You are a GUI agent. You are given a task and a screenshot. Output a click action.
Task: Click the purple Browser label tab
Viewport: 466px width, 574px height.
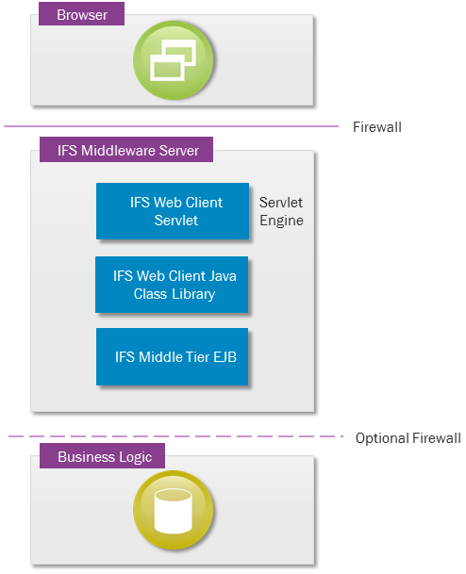[81, 13]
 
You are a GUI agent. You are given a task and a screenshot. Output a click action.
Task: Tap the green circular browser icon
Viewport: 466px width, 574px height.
[173, 60]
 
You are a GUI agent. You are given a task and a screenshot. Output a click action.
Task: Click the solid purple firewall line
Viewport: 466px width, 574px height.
[171, 126]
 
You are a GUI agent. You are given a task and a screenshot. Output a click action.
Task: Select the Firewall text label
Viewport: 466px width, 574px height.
[377, 127]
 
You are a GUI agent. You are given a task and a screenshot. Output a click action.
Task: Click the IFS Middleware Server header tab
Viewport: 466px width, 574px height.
[126, 149]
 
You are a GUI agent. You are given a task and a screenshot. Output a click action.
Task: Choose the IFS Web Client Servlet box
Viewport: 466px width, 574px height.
[173, 211]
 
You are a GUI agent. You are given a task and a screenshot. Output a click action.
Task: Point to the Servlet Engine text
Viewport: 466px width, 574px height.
[281, 211]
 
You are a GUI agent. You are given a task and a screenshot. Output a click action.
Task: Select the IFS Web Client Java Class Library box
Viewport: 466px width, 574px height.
[172, 285]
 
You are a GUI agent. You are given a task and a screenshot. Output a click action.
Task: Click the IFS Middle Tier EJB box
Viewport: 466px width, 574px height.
[173, 356]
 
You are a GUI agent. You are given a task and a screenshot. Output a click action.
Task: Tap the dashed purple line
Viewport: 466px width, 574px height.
[175, 436]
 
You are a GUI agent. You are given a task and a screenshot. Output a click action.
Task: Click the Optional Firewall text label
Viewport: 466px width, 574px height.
[408, 438]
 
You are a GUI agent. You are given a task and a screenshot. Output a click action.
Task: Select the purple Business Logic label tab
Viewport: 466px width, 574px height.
[102, 456]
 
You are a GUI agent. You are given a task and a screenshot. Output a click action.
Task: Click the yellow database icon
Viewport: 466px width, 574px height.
[173, 510]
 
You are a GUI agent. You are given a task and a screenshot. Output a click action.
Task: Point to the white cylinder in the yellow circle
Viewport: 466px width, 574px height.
[173, 511]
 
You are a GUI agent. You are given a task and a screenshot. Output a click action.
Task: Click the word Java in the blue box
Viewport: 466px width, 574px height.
[223, 276]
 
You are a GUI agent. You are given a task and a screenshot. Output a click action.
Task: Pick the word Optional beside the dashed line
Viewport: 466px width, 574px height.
[382, 438]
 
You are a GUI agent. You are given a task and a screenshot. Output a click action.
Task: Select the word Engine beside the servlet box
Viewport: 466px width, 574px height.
[281, 221]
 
